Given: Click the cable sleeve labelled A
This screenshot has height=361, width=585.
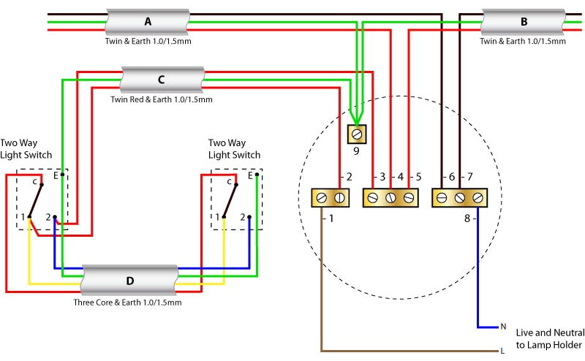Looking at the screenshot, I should (148, 22).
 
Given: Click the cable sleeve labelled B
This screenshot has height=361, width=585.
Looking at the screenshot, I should (523, 22).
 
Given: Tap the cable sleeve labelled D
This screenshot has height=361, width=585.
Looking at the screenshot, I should (129, 280).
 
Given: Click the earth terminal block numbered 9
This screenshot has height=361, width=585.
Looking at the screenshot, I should (356, 134).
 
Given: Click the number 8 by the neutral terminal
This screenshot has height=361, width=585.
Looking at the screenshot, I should (467, 218).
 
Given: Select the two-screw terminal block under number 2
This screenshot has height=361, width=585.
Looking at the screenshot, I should (331, 198).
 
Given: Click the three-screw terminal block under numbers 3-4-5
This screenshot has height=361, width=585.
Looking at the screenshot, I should (390, 198).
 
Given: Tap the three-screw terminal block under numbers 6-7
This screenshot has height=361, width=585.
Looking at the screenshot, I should (460, 198).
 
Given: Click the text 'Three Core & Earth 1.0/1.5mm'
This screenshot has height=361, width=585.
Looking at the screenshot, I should (127, 302).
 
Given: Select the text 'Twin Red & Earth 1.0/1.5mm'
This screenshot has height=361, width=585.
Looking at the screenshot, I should (161, 99).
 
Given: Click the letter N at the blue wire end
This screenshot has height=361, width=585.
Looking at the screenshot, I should (502, 327).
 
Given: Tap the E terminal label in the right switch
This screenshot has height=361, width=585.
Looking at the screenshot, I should (250, 175).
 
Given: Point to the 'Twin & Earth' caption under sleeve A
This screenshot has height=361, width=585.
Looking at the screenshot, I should (148, 42).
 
